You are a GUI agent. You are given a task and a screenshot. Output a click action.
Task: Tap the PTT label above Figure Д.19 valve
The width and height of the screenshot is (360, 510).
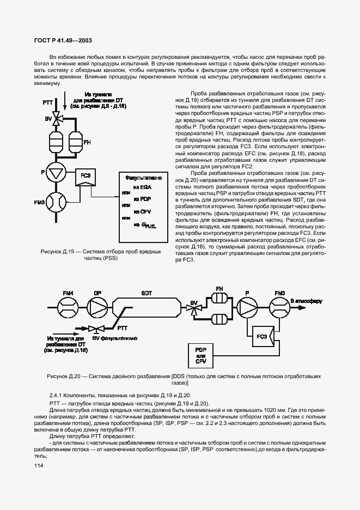point(47,102)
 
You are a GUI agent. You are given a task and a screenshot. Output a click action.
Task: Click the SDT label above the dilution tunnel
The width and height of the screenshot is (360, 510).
point(147,293)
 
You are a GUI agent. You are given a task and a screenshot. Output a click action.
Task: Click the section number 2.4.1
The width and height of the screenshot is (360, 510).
point(58,394)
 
